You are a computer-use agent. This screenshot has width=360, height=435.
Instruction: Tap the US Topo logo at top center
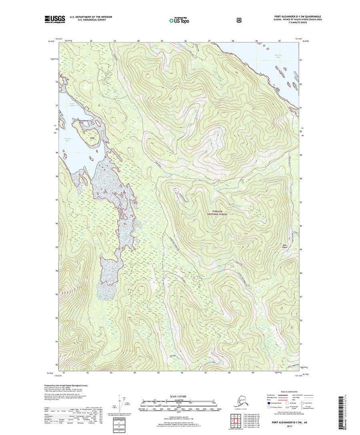point(179,19)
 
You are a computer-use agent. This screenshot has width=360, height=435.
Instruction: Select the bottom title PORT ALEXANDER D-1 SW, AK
point(289,421)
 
